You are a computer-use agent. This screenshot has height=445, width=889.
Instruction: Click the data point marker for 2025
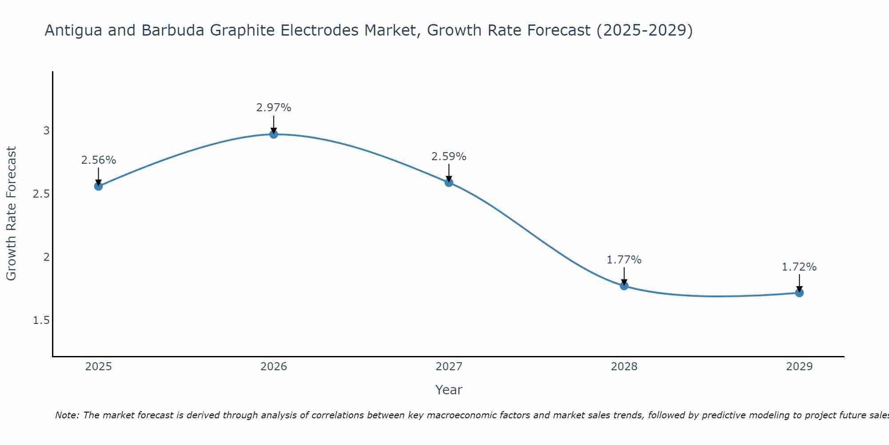[x=99, y=186]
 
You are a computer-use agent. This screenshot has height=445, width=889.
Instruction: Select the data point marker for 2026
[x=274, y=134]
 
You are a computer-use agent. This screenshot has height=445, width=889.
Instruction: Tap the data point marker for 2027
[x=449, y=182]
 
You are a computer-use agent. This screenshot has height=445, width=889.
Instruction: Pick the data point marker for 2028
[x=624, y=286]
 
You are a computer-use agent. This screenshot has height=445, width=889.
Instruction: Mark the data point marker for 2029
[x=799, y=292]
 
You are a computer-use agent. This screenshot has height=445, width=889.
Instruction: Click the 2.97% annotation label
[x=274, y=108]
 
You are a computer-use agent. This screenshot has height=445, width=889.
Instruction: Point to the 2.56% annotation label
[x=99, y=160]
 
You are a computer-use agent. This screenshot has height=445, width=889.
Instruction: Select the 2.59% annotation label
[x=449, y=157]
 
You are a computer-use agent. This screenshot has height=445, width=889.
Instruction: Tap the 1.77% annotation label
[x=624, y=260]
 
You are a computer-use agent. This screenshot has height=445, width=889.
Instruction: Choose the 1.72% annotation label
[x=799, y=267]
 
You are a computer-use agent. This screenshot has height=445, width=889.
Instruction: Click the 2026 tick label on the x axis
[x=274, y=367]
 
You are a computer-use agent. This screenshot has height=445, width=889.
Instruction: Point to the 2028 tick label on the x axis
[x=624, y=367]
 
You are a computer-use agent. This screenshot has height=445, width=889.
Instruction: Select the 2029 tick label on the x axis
[x=799, y=367]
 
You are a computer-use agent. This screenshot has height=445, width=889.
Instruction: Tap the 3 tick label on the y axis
[x=46, y=131]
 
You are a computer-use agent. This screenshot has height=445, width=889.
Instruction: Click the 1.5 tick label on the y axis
[x=41, y=320]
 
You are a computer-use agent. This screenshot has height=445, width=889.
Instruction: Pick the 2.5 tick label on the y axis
[x=41, y=194]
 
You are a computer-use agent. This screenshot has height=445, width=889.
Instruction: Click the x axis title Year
[x=449, y=390]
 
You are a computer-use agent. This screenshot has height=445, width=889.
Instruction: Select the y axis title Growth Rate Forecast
[x=12, y=214]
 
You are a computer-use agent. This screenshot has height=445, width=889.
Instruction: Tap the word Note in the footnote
[x=67, y=415]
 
